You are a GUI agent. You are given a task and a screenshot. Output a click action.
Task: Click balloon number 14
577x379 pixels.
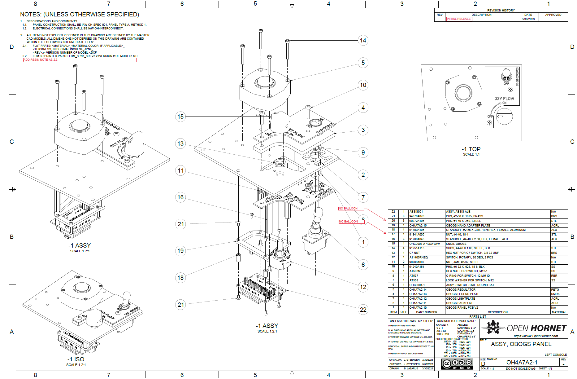pyautogui.click(x=363, y=40)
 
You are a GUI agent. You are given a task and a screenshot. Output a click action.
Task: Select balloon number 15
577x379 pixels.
pyautogui.click(x=180, y=117)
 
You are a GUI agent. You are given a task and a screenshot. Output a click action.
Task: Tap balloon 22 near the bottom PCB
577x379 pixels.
pyautogui.click(x=363, y=309)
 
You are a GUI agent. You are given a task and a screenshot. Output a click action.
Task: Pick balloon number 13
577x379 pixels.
pyautogui.click(x=180, y=143)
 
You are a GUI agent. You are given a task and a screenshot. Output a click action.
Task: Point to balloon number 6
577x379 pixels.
pyautogui.click(x=363, y=265)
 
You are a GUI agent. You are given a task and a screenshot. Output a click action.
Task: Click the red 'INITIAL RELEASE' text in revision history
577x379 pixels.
pyautogui.click(x=458, y=19)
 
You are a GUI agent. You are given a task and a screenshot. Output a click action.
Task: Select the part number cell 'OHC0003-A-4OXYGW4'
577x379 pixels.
pyautogui.click(x=425, y=244)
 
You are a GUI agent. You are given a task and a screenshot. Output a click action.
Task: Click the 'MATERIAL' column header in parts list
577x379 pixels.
pyautogui.click(x=559, y=312)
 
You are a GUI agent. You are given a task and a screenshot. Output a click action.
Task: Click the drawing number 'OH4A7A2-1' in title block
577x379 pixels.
pyautogui.click(x=522, y=362)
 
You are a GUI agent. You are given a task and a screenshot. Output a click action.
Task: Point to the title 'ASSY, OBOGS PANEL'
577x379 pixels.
pyautogui.click(x=521, y=344)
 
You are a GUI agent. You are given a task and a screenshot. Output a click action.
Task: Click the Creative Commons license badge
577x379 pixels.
pyautogui.click(x=457, y=364)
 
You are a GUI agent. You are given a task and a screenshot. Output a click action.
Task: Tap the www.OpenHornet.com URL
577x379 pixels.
pyautogui.click(x=536, y=336)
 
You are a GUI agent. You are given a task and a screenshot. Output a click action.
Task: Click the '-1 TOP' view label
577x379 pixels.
pyautogui.click(x=471, y=149)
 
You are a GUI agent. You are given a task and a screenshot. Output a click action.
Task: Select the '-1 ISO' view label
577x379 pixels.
pyautogui.click(x=76, y=359)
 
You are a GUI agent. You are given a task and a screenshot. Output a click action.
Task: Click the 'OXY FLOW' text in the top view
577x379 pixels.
pyautogui.click(x=504, y=99)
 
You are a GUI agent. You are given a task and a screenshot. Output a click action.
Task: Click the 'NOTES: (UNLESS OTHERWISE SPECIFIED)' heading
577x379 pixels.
pyautogui.click(x=80, y=14)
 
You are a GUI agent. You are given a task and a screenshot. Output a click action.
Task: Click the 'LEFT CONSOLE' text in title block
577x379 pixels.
pyautogui.click(x=556, y=355)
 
